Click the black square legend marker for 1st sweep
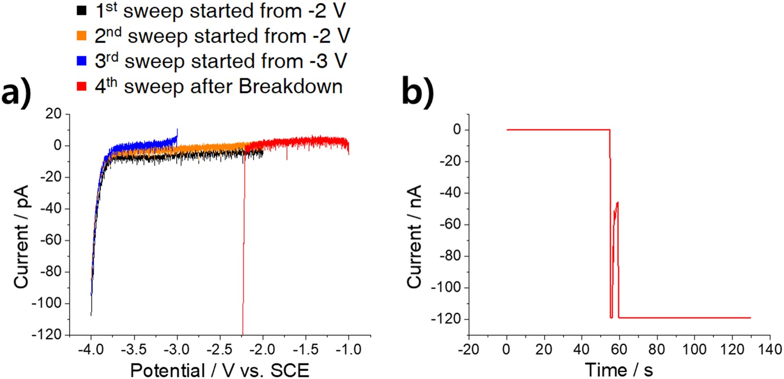coord(81,10)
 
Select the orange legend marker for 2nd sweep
coord(81,35)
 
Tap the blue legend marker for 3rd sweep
coord(81,61)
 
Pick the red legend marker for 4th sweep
coord(81,86)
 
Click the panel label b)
coord(418,93)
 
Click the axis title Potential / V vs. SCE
coord(220,370)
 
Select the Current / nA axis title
coord(414,237)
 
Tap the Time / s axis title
coord(619,370)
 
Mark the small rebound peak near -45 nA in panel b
coord(617,203)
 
